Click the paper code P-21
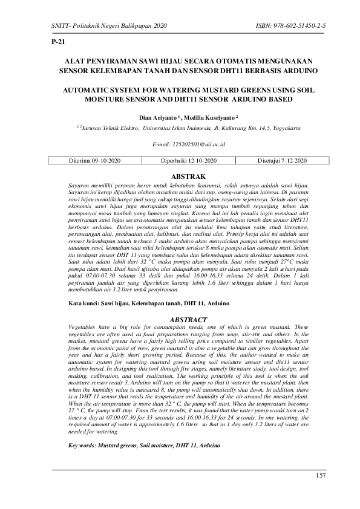pos(59,42)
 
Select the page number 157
pos(321,476)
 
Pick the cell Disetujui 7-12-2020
pos(283,161)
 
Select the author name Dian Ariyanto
pos(159,117)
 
